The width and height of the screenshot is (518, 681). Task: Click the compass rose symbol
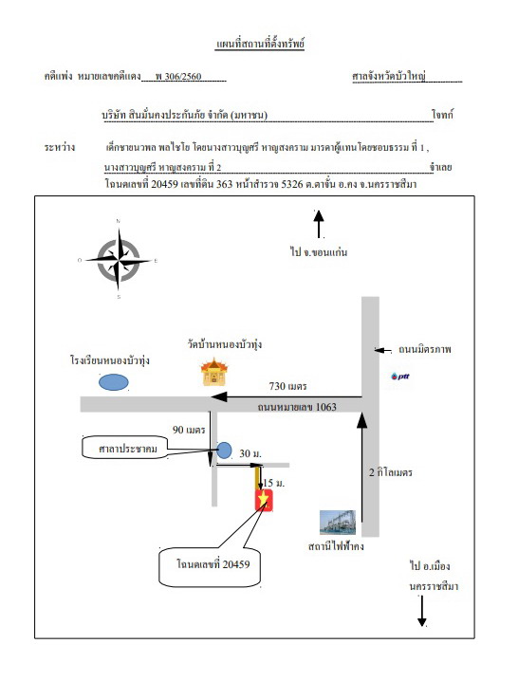point(119,260)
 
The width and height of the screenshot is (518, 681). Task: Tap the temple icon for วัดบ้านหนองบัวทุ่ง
point(213,372)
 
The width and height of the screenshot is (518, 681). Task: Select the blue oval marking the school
point(114,382)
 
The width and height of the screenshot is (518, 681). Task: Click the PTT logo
point(400,377)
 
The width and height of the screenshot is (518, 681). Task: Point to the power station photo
point(338,522)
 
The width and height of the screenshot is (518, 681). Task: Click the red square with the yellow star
point(264,500)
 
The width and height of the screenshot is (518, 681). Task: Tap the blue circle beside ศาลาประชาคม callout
point(224,451)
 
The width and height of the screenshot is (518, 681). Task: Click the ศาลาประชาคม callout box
point(125,448)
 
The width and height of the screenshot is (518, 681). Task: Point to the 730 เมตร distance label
point(287,386)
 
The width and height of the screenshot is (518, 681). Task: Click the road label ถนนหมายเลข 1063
point(297,407)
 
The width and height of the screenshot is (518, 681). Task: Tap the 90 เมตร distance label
point(189,430)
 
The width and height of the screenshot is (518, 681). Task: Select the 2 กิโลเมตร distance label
point(391,472)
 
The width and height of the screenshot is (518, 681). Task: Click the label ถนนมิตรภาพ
point(425,349)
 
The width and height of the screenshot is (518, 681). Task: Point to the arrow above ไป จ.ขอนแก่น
point(319,224)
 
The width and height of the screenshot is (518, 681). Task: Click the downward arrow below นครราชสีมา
point(421,611)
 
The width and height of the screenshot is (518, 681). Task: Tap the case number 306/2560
point(178,77)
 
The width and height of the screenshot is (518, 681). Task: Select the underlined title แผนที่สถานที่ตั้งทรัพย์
point(260,45)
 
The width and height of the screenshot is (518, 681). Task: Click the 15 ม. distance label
point(274,483)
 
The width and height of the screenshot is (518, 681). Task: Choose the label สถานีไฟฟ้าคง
point(336,546)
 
